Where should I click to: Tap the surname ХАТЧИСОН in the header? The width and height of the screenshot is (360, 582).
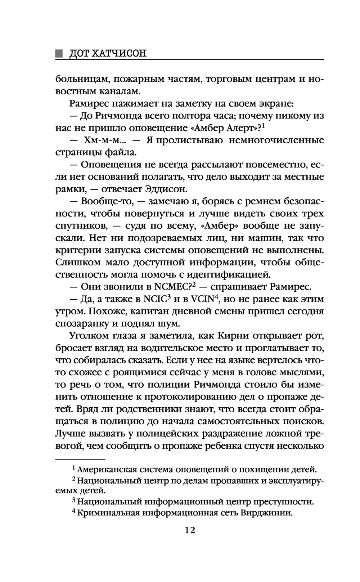pyautogui.click(x=120, y=54)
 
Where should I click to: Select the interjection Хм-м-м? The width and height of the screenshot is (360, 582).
pyautogui.click(x=100, y=140)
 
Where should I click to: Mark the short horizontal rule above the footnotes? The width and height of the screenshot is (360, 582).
pyautogui.click(x=80, y=460)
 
